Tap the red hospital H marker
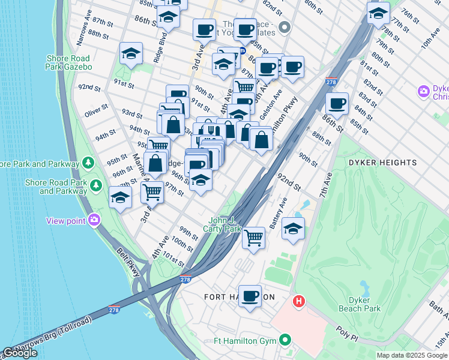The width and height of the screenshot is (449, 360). (x=297, y=300)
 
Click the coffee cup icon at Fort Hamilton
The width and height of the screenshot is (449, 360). (x=250, y=296)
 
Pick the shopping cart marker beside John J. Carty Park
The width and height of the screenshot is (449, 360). (x=254, y=238)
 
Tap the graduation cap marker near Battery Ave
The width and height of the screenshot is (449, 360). (x=293, y=229)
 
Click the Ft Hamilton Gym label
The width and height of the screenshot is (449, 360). (x=245, y=341)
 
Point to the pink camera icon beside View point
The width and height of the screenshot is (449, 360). (x=94, y=220)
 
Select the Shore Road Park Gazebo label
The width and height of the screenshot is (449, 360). (x=68, y=62)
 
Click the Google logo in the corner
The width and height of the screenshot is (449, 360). (x=20, y=353)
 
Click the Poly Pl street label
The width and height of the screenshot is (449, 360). (x=346, y=334)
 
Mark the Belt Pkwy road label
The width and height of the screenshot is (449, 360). (x=128, y=262)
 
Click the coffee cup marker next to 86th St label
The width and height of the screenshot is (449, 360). (x=337, y=103)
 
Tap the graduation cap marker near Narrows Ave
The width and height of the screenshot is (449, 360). (x=131, y=54)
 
